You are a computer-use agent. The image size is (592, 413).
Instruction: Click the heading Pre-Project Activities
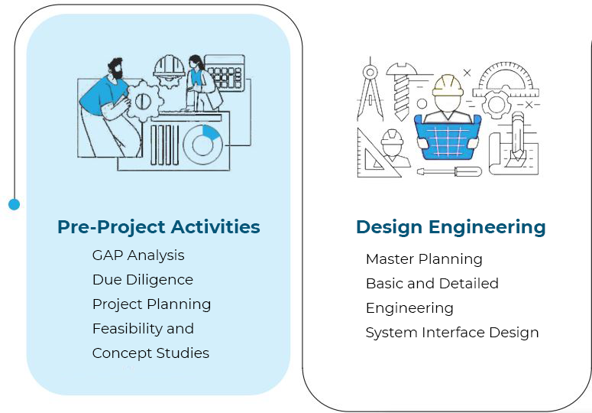pyautogui.click(x=159, y=226)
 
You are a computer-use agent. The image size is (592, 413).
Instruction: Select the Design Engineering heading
pyautogui.click(x=451, y=227)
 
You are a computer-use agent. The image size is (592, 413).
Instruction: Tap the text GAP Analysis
pyautogui.click(x=138, y=255)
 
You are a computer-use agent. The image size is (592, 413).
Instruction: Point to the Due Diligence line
pyautogui.click(x=143, y=280)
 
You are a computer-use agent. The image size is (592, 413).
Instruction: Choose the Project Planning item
pyautogui.click(x=151, y=304)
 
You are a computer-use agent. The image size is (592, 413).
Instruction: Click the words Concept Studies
pyautogui.click(x=150, y=353)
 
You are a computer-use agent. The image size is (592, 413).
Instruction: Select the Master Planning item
pyautogui.click(x=424, y=259)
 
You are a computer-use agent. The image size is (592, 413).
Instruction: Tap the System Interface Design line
pyautogui.click(x=452, y=333)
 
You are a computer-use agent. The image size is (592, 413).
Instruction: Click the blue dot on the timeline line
pyautogui.click(x=14, y=204)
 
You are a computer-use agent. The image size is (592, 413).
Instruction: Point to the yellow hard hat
pyautogui.click(x=448, y=86)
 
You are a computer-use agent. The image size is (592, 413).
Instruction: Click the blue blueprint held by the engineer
pyautogui.click(x=448, y=138)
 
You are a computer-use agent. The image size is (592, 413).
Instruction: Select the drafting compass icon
pyautogui.click(x=370, y=89)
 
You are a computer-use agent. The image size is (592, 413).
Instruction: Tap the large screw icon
pyautogui.click(x=401, y=91)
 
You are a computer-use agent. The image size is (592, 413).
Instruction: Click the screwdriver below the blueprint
pyautogui.click(x=449, y=171)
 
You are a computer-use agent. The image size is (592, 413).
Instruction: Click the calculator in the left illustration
pyautogui.click(x=225, y=73)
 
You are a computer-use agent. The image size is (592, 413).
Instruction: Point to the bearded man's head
pyautogui.click(x=115, y=68)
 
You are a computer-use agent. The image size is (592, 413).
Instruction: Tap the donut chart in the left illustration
pyautogui.click(x=202, y=145)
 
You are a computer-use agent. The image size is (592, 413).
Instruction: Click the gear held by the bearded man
pyautogui.click(x=144, y=101)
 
